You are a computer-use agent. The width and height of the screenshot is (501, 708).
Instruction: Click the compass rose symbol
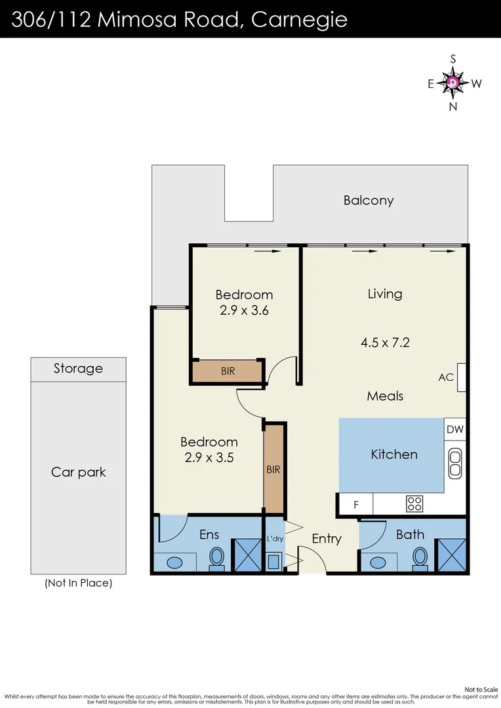452,83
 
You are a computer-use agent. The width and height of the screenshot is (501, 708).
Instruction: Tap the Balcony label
368,201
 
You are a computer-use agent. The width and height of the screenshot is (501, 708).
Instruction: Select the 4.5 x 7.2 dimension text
385,343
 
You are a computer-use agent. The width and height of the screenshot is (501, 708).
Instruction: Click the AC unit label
446,377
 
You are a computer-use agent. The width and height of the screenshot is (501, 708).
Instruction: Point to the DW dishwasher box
455,429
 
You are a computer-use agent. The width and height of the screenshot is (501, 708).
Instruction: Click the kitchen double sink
455,463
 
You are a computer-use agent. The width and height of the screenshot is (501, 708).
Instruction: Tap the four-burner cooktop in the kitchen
414,504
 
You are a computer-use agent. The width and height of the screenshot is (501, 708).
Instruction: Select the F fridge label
356,505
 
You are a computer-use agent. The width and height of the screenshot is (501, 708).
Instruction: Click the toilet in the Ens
217,557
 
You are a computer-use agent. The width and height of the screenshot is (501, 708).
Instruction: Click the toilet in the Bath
420,557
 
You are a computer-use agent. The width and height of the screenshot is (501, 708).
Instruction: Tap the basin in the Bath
377,562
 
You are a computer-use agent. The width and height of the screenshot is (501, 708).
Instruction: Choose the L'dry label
275,539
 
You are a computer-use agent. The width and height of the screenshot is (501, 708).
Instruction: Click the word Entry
327,539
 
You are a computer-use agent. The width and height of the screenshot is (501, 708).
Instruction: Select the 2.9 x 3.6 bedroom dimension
245,311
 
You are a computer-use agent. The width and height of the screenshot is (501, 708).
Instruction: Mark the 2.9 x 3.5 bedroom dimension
209,458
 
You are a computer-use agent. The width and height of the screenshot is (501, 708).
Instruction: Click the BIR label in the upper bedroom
228,371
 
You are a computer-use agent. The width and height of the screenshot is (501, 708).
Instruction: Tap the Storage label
78,368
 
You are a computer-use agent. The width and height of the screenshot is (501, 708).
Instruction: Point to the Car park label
79,472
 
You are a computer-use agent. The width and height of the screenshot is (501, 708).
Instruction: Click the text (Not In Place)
78,583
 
